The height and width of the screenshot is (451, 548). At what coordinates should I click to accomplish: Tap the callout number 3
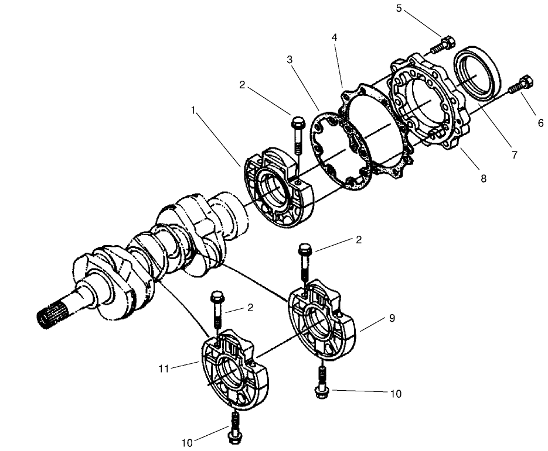pos(290,60)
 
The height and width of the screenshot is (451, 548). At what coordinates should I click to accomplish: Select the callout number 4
pos(334,37)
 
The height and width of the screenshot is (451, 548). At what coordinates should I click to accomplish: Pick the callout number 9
pos(392,318)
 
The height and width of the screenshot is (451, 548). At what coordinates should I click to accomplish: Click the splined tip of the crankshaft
pos(49,319)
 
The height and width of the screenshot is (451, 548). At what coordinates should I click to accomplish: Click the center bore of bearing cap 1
pos(275,194)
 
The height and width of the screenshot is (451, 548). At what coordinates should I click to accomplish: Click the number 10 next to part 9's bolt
pos(396,394)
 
